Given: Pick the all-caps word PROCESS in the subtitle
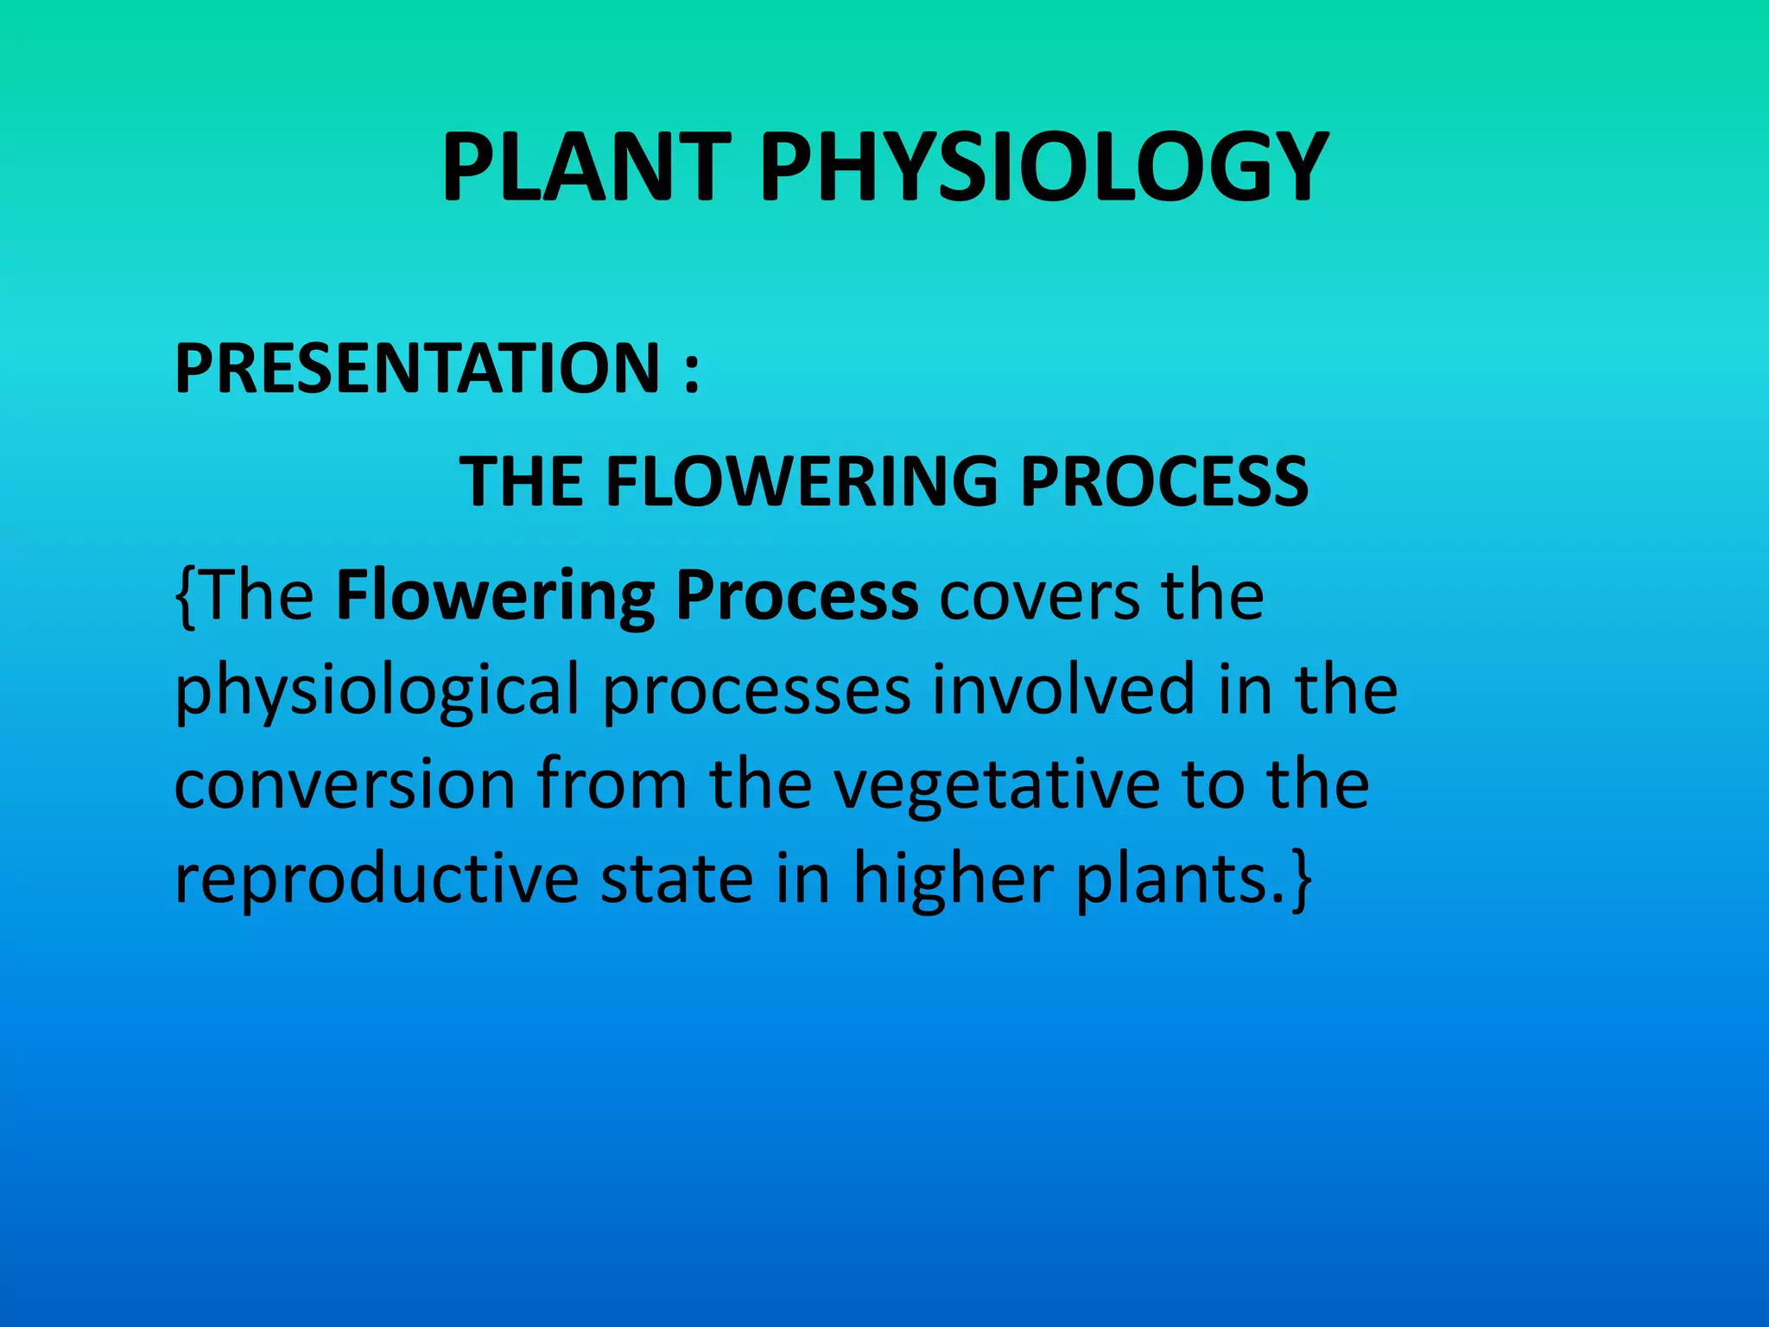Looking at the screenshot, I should [x=1164, y=481].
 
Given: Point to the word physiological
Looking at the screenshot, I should [x=377, y=692].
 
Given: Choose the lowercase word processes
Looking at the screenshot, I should [x=757, y=692].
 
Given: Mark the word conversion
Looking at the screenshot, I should [x=345, y=785].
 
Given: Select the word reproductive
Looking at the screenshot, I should [x=377, y=879].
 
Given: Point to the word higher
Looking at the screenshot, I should [x=953, y=879].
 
